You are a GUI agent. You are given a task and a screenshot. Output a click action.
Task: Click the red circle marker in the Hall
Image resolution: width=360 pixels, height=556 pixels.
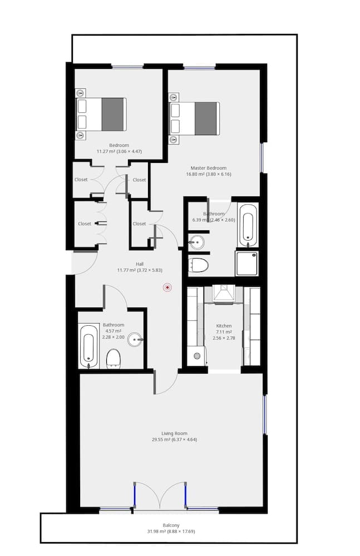coord(167,287)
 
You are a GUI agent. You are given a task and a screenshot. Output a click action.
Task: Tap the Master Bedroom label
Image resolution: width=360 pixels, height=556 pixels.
coord(208,168)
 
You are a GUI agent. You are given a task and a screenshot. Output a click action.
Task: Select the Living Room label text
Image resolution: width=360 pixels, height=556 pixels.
coord(174,433)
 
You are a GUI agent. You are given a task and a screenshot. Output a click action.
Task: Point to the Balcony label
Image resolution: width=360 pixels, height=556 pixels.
coord(171,525)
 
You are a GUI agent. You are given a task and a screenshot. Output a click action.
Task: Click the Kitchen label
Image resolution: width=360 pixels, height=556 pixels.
coord(224,326)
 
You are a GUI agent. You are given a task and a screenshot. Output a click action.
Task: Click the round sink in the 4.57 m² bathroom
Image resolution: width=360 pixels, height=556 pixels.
coord(135,339)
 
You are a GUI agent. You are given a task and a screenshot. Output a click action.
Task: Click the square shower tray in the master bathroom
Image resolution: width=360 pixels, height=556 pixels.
coord(246,264)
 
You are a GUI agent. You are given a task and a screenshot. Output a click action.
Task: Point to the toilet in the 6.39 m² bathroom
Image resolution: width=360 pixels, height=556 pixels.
coord(198,264)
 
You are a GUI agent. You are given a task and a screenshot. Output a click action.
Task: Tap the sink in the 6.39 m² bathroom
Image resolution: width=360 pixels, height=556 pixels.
coord(196,242)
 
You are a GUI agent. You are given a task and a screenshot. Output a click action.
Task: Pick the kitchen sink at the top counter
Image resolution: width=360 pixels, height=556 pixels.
coord(224,295)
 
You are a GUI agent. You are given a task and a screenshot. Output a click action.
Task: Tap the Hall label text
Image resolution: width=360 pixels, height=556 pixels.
coord(140,264)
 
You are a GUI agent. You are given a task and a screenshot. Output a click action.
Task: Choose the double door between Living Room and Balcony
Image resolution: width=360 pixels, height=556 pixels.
coord(160,495)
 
